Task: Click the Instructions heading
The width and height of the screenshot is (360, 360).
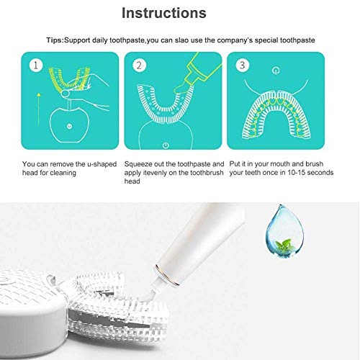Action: tap(163, 13)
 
